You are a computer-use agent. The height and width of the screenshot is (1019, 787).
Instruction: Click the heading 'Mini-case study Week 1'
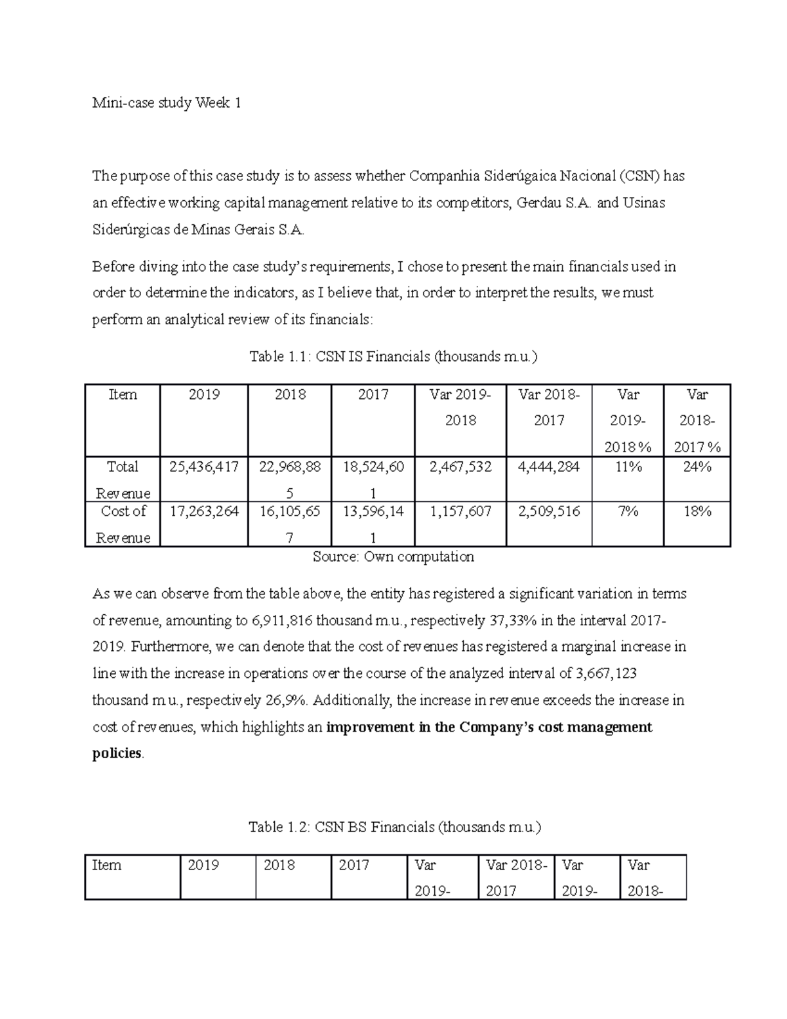[167, 103]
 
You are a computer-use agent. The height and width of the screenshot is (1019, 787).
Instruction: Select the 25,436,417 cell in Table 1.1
[204, 467]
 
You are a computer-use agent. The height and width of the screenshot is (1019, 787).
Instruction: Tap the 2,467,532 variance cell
[460, 467]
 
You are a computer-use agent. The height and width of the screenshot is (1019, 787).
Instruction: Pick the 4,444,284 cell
[549, 467]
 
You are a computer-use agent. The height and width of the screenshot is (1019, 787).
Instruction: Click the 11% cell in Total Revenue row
[628, 467]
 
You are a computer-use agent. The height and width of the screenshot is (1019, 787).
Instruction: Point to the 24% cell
[697, 467]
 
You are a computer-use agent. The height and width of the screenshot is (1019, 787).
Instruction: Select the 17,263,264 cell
[204, 511]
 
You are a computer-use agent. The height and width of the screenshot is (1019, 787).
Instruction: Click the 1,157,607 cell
[460, 511]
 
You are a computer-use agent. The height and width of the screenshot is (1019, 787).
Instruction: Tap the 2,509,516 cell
[549, 511]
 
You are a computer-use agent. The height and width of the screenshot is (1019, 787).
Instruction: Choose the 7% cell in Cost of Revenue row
[628, 511]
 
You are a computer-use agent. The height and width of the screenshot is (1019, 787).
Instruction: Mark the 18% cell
[697, 511]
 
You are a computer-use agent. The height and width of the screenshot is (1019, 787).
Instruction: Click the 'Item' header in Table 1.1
[123, 394]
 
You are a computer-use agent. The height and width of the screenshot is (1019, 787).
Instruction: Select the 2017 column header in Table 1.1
[373, 394]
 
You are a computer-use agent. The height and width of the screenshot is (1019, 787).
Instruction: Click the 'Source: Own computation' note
[393, 557]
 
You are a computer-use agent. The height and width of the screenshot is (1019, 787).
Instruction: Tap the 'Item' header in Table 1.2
[107, 865]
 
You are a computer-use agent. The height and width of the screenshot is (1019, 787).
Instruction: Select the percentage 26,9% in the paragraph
[287, 700]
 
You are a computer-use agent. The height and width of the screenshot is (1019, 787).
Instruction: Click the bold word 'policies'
[117, 753]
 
